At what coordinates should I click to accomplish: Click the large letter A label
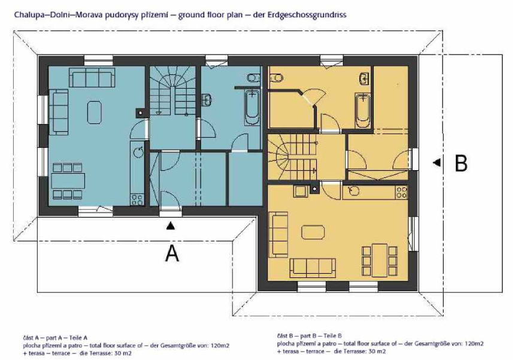click(172, 253)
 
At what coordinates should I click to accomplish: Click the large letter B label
click(461, 163)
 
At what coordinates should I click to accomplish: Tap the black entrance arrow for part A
click(171, 226)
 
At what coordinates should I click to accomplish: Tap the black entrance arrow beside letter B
click(437, 162)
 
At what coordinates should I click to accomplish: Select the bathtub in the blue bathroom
click(253, 107)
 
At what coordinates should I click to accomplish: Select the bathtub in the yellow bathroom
click(362, 111)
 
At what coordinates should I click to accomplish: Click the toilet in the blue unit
click(253, 78)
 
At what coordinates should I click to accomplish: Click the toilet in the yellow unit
click(276, 78)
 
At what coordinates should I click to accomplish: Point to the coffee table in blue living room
click(95, 113)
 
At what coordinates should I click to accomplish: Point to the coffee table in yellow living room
click(313, 232)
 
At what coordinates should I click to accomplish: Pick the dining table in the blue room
click(68, 181)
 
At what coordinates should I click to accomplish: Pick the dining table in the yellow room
click(380, 261)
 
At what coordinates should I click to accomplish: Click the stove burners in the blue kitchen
click(137, 199)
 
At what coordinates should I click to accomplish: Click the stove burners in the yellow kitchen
click(401, 192)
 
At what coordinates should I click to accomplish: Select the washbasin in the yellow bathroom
click(365, 78)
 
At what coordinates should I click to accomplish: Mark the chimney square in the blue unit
click(141, 113)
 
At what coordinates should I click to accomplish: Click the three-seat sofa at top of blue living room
click(92, 77)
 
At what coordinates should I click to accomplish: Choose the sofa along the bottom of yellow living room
click(313, 268)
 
